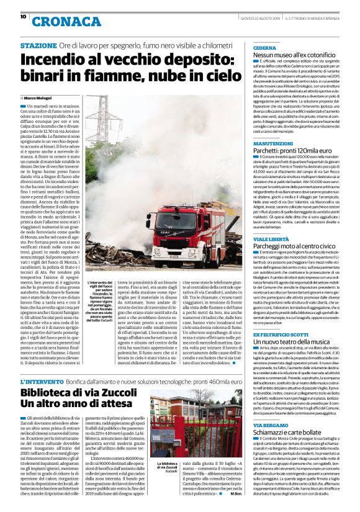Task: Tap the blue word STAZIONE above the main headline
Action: point(38,47)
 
